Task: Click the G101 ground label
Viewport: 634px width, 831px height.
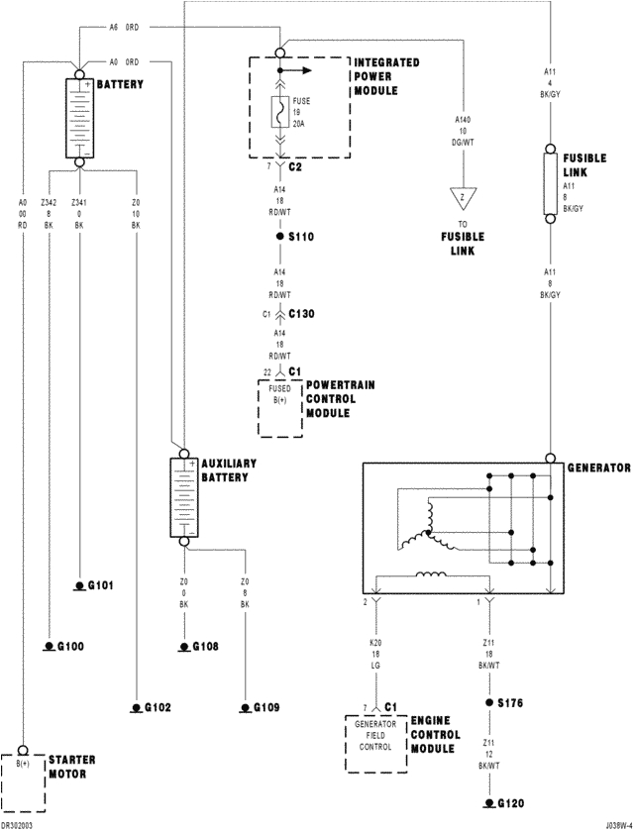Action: (101, 585)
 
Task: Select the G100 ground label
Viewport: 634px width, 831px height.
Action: (69, 646)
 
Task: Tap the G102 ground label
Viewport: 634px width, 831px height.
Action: (157, 707)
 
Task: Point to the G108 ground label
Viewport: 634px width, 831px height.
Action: (205, 647)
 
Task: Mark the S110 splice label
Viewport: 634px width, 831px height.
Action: (300, 238)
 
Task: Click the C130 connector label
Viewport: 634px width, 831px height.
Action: (302, 314)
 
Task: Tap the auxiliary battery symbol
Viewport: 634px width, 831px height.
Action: (184, 499)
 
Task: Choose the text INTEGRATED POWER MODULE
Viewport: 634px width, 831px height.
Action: (386, 76)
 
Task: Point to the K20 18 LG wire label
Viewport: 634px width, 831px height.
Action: (375, 654)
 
